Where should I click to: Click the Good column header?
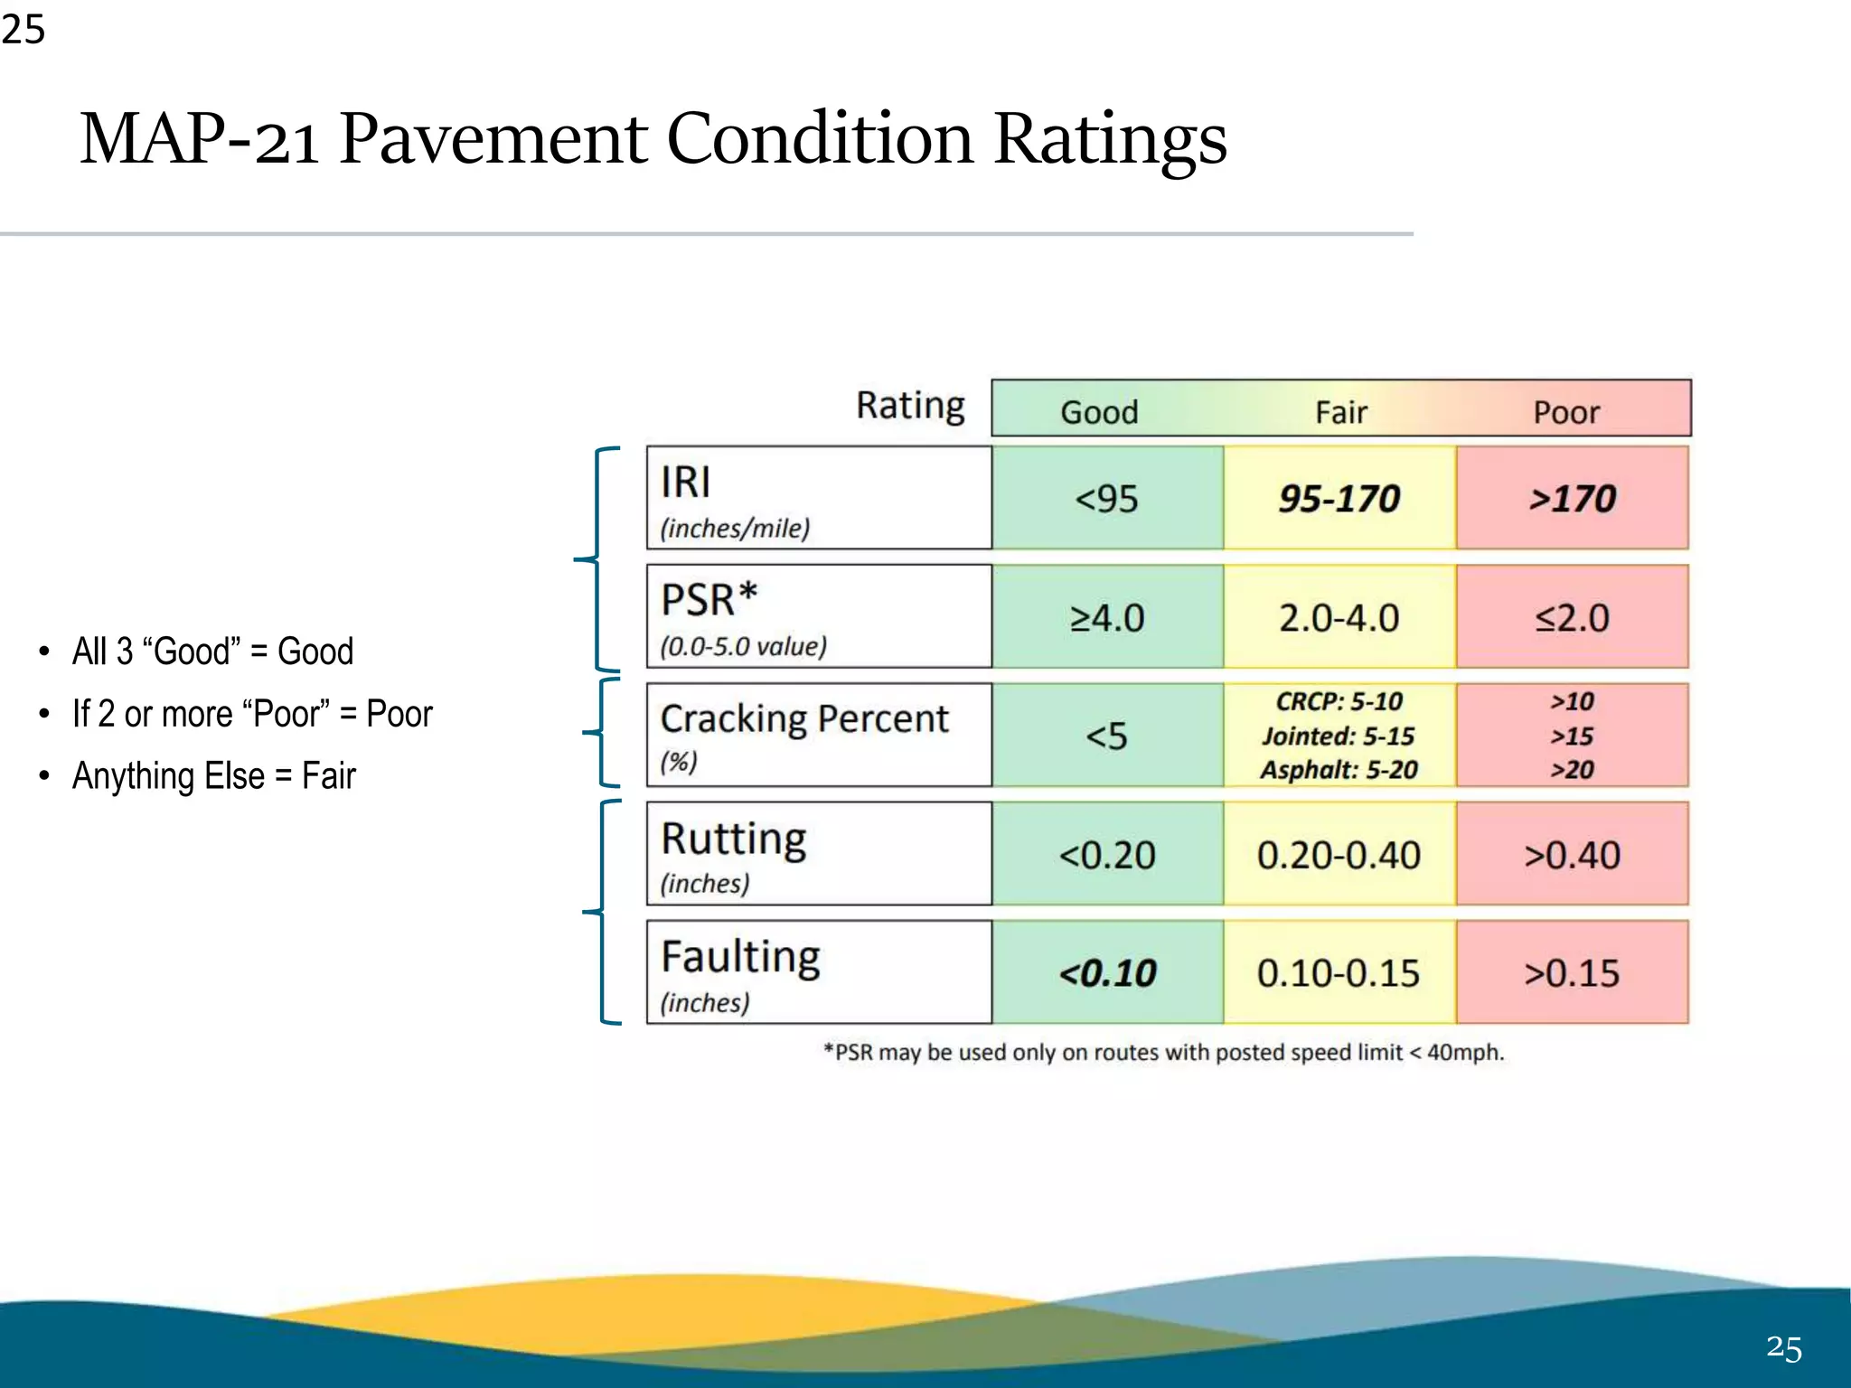pos(1099,412)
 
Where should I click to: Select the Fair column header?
pos(1340,412)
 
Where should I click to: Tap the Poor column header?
pos(1566,412)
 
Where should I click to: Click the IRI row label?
pos(685,483)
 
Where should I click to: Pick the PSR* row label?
pos(709,601)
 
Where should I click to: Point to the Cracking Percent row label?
pos(804,720)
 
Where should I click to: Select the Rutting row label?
pos(733,839)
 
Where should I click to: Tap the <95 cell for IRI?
pos(1106,499)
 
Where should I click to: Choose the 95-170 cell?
pos(1339,499)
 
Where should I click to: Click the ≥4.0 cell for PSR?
pos(1106,618)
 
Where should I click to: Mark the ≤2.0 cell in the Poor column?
pos(1572,618)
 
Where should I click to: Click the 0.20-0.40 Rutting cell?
pos(1339,855)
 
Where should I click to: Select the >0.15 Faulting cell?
pos(1572,973)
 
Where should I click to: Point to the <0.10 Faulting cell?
pos(1106,973)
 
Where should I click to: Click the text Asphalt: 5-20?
pos(1339,770)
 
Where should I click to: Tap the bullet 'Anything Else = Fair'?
pos(214,776)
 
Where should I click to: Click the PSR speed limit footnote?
pos(1163,1053)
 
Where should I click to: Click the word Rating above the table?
pos(910,406)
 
